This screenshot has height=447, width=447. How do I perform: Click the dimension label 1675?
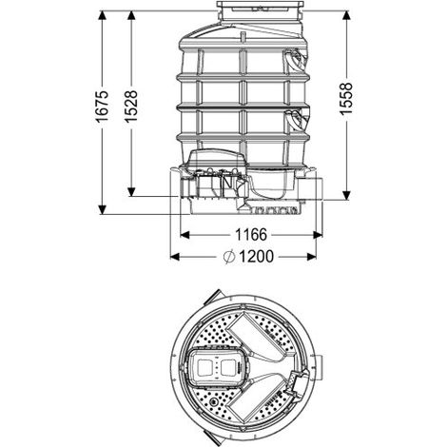[102, 107]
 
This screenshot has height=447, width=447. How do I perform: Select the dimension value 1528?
[130, 107]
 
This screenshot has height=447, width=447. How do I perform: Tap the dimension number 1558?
[346, 99]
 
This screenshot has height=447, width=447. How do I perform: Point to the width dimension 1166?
[251, 235]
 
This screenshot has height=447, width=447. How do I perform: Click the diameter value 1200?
[256, 257]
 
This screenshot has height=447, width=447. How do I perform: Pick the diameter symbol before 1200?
[229, 257]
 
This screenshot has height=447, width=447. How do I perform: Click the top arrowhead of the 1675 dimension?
[102, 15]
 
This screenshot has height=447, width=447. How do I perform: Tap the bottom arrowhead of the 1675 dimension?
[102, 210]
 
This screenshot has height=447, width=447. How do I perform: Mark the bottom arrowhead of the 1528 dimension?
[131, 192]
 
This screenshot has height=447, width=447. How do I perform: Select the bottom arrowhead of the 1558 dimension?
[347, 195]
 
